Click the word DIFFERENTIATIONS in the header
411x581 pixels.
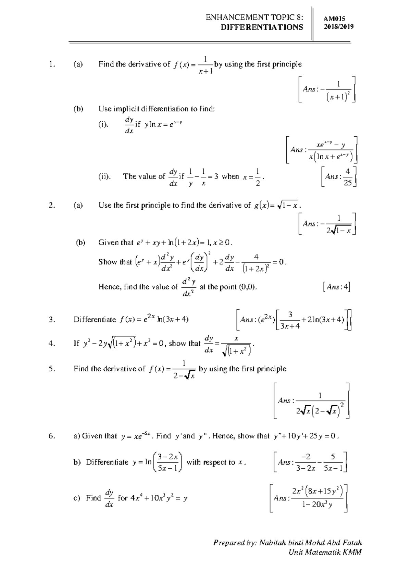pyautogui.click(x=262, y=27)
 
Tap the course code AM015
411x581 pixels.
pyautogui.click(x=334, y=19)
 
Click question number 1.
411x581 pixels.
pyautogui.click(x=52, y=64)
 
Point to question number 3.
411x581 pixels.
pyautogui.click(x=52, y=320)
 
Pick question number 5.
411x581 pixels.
pyautogui.click(x=52, y=369)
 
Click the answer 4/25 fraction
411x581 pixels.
pyautogui.click(x=348, y=177)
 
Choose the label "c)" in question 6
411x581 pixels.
pyautogui.click(x=77, y=498)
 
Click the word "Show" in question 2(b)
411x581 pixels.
pyautogui.click(x=108, y=262)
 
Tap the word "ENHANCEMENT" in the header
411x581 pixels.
pyautogui.click(x=231, y=17)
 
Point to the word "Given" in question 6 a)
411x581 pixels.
pyautogui.click(x=92, y=436)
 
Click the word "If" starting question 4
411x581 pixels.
pyautogui.click(x=76, y=344)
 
